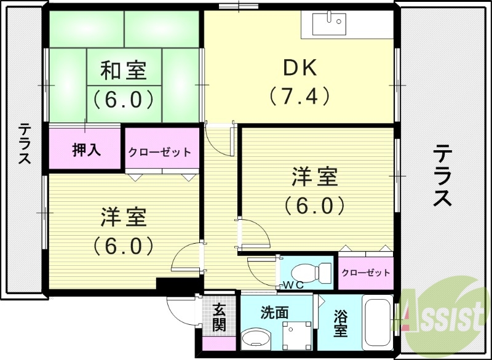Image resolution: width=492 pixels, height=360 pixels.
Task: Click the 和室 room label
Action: coord(124,71)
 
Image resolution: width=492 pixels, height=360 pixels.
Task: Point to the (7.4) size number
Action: coord(300,96)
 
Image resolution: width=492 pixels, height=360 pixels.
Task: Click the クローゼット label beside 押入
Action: coord(159,151)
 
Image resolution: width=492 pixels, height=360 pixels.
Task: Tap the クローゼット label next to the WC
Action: coord(365,273)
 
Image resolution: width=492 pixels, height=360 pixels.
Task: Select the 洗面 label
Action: coord(274,312)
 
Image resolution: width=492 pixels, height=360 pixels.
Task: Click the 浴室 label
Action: coord(340,324)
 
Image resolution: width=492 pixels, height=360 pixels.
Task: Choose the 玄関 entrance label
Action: coord(220,318)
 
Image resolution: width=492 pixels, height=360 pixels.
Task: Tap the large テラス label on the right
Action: coord(443,175)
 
